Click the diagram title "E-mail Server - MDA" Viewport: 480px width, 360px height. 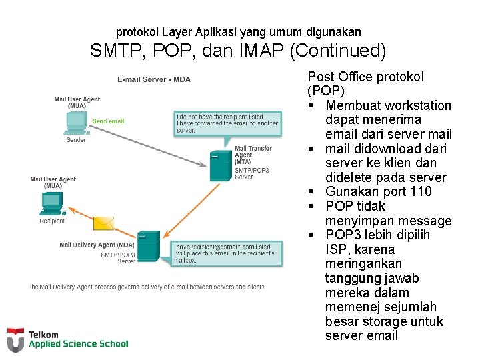coord(154,79)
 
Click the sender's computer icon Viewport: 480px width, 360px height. coord(77,123)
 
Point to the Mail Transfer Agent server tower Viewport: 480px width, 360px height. coord(221,166)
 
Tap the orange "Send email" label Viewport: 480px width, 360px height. coord(108,121)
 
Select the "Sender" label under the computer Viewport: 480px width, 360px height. coord(75,140)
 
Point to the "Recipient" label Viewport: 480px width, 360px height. coord(52,221)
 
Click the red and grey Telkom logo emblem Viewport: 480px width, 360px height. coord(15,339)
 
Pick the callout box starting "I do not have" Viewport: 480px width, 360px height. coord(227,124)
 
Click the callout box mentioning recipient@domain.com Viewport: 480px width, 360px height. coord(227,253)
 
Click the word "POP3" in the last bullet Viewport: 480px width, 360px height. coord(344,235)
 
